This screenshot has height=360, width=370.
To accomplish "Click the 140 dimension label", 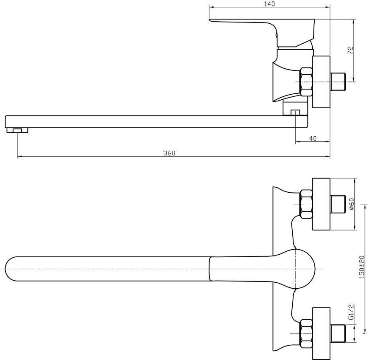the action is [269, 4].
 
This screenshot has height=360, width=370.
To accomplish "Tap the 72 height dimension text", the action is [350, 50].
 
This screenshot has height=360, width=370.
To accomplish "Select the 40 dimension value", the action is [312, 138].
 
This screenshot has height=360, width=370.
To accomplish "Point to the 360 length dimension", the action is [169, 153].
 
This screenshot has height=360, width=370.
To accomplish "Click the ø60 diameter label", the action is [351, 204].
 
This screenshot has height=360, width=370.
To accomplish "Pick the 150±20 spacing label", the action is [362, 267].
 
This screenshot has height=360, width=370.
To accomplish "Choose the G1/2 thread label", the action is [351, 312].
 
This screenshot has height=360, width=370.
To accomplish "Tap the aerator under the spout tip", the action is [17, 130].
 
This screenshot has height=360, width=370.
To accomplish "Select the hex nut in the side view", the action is [306, 82].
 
